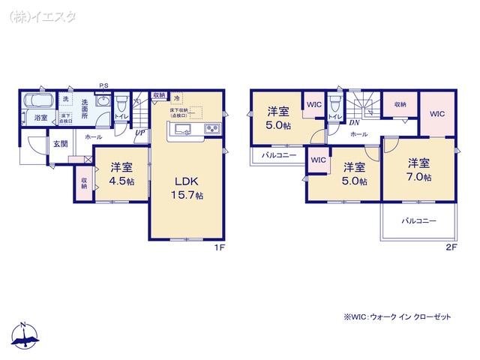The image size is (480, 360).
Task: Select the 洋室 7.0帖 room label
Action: tap(419, 169)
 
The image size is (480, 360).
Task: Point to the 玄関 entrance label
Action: tap(59, 143)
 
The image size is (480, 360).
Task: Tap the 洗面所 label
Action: tap(85, 108)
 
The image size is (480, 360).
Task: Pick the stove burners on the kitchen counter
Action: tap(211, 130)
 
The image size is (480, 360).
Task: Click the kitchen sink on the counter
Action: tap(182, 130)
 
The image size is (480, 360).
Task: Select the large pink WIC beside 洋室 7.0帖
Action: tap(437, 114)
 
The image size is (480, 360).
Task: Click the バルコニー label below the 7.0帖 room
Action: tap(418, 221)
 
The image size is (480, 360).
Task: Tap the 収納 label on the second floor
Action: tap(400, 104)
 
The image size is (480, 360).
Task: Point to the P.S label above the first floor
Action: tap(103, 85)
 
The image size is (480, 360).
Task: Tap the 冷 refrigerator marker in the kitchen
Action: tap(176, 98)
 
